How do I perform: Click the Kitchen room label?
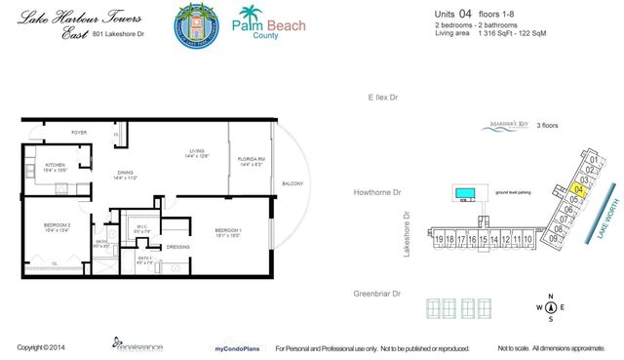[x=55, y=166]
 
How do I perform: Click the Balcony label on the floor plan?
[x=293, y=184]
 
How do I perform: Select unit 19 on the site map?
[x=441, y=239]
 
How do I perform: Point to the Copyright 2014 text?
[x=41, y=347]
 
